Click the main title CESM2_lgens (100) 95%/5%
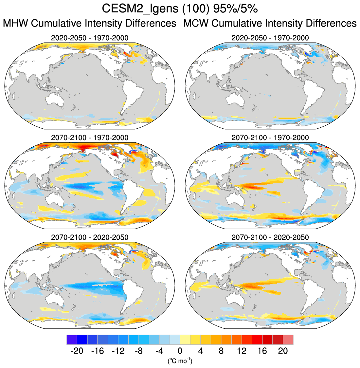(x=180, y=9)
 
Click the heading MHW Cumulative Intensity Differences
(x=90, y=24)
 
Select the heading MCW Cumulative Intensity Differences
(x=270, y=24)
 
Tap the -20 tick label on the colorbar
(x=77, y=351)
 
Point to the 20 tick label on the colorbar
(x=283, y=351)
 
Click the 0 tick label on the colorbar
(x=180, y=351)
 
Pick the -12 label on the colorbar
(x=118, y=351)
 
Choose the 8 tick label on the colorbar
(x=221, y=351)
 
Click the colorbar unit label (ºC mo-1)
(x=180, y=361)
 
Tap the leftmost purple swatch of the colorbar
(x=72, y=340)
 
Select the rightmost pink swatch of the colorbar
(x=288, y=340)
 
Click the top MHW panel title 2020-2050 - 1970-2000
(x=90, y=38)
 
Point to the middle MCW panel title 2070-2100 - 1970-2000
(x=270, y=138)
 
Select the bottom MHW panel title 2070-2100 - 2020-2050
(x=90, y=237)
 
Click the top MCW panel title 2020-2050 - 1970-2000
(x=270, y=38)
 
